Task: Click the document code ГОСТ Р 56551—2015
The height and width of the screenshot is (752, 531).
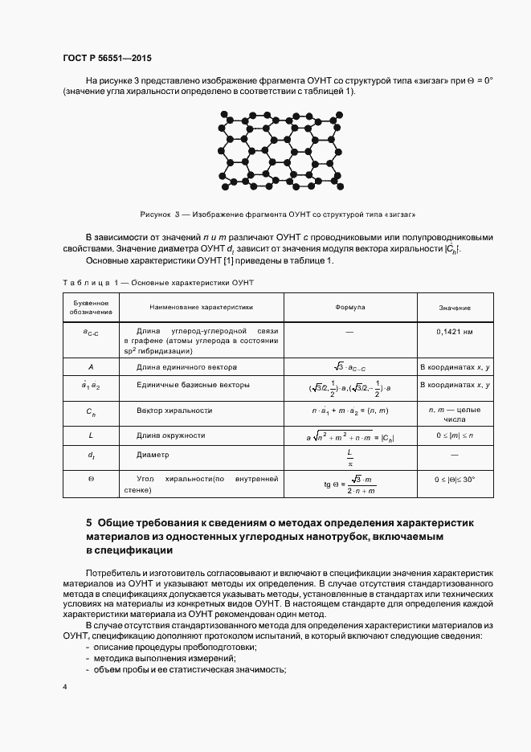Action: [106, 59]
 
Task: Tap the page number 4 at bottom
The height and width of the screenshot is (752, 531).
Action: [64, 688]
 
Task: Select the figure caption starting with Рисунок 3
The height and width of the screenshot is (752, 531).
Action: [277, 215]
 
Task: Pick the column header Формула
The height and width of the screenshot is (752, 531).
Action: [349, 308]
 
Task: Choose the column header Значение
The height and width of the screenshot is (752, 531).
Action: [455, 308]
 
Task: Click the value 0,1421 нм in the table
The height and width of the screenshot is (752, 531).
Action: [455, 331]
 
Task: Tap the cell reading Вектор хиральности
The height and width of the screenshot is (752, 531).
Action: [174, 411]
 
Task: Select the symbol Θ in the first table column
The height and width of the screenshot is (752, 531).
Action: [91, 480]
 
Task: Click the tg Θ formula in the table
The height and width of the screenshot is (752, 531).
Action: [347, 484]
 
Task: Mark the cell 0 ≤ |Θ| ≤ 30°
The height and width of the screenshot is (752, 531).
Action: [455, 479]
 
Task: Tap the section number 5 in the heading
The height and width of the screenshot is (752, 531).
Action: [89, 522]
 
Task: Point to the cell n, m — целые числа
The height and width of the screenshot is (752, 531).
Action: [455, 415]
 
